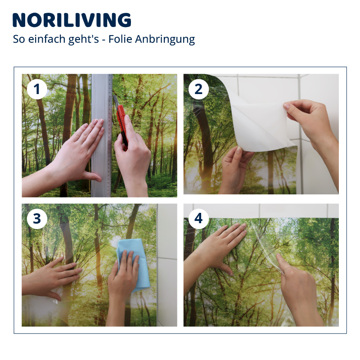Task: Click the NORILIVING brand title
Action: coord(72,20)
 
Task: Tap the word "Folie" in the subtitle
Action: coord(120,39)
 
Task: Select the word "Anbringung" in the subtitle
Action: coord(165,40)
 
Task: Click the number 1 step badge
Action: coord(37,89)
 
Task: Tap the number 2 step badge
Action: coord(198,89)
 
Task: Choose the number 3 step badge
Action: coord(37,219)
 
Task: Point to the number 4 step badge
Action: coord(198,219)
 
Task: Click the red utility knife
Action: coord(121,121)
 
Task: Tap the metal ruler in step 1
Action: coord(102,135)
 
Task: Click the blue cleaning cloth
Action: coord(134,264)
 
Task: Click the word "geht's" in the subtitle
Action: coord(84,40)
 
